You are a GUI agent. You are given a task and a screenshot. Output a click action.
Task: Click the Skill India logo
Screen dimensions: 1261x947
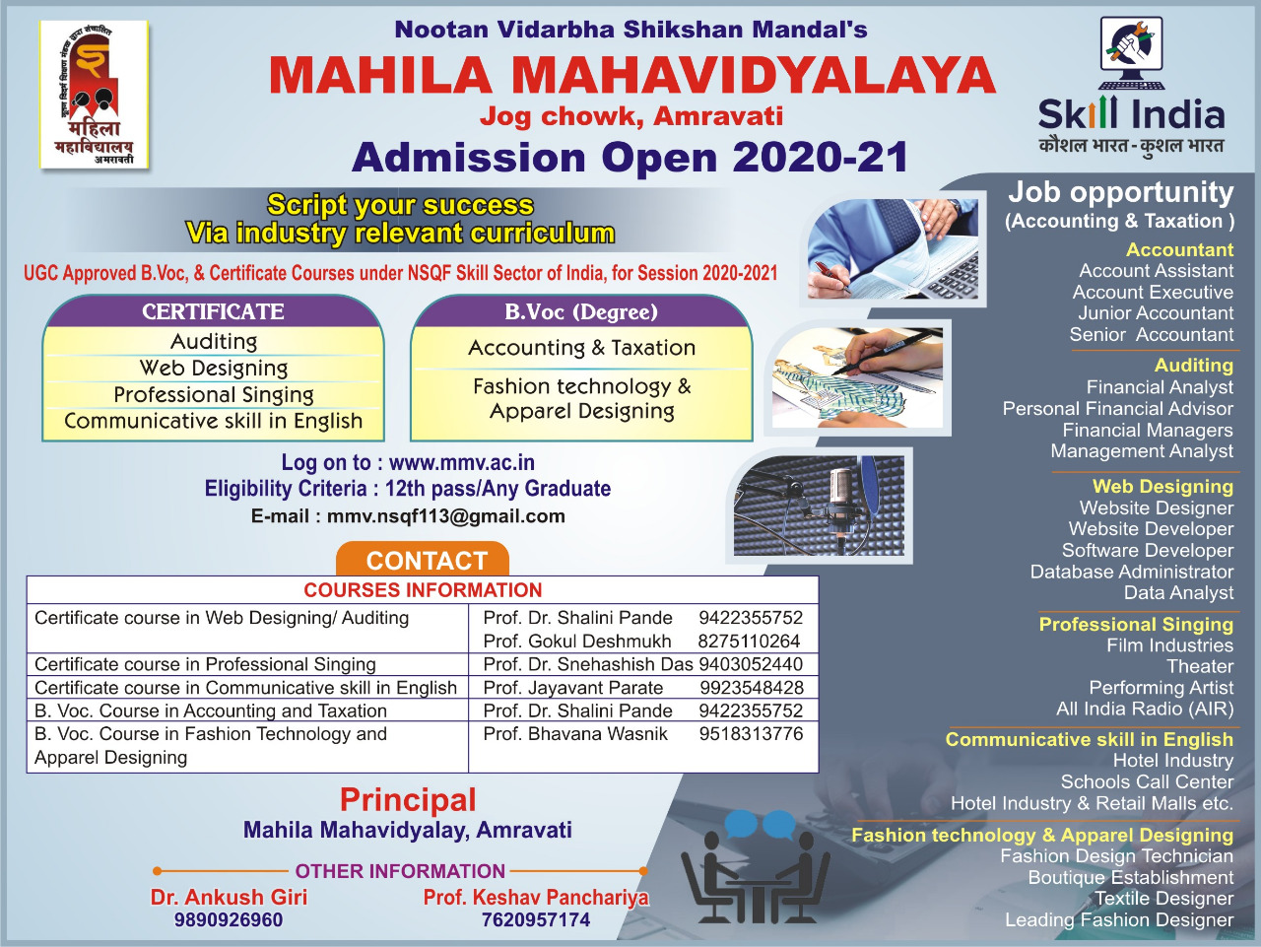coord(1131,86)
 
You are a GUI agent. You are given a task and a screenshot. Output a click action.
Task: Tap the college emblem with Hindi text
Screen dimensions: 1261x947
coord(95,95)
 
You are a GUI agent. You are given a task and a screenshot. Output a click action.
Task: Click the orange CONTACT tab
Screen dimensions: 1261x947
coord(423,560)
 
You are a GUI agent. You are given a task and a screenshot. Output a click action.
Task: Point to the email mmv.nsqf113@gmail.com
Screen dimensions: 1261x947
coord(446,516)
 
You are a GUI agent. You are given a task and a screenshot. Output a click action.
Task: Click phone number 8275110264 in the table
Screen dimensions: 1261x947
coord(749,641)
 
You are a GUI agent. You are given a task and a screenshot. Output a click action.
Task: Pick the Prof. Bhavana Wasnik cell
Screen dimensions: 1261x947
coord(575,734)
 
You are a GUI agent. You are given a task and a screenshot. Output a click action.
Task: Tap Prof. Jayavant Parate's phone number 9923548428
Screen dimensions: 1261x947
coord(752,687)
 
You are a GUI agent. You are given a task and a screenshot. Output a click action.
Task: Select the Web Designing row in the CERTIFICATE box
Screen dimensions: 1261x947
coord(214,368)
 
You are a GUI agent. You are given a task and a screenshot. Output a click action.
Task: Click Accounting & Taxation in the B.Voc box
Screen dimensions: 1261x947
coord(581,348)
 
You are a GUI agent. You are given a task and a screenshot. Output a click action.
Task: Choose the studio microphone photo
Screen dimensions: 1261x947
coord(820,506)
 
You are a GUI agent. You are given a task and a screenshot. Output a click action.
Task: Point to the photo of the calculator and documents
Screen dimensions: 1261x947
coord(893,248)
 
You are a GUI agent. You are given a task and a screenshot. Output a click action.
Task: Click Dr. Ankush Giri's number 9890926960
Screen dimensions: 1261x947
coord(229,920)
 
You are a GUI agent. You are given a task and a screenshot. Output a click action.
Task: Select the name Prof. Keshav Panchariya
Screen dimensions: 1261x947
coord(536,897)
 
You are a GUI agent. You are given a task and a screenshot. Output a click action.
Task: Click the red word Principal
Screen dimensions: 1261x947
coord(408,799)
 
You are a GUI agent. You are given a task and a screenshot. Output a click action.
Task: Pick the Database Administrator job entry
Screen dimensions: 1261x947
coord(1131,572)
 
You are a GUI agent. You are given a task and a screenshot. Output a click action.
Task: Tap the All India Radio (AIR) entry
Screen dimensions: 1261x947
coord(1145,709)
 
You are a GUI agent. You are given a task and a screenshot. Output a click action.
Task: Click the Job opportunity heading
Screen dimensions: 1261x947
coord(1121,192)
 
